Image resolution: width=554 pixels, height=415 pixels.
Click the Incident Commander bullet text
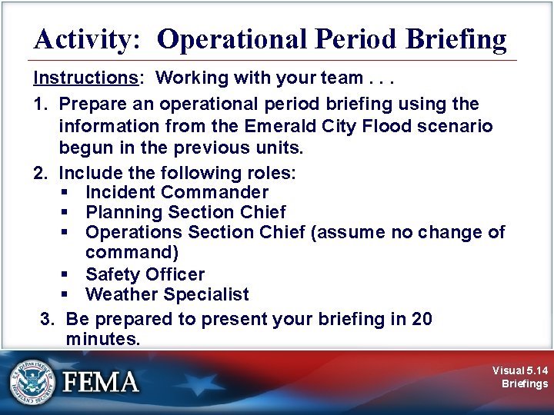177,192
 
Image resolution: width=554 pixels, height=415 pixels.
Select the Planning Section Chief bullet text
185,212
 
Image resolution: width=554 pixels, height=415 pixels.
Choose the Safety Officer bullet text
145,274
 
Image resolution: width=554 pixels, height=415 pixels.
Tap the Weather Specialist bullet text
167,294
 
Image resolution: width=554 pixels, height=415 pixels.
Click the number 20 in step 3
422,319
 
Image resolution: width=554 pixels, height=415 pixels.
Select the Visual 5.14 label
521,370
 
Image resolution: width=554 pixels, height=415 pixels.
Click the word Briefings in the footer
525,383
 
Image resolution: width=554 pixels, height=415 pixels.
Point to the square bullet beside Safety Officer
67,275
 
